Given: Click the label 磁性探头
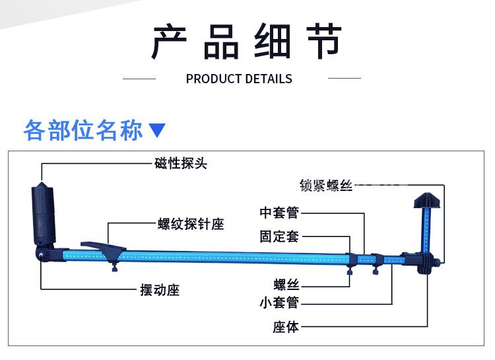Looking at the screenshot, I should [181, 163].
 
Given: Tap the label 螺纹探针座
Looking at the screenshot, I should [191, 225].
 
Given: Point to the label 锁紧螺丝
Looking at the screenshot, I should [326, 186].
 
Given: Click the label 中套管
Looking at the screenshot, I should [279, 213].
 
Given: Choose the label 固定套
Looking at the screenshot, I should [279, 236].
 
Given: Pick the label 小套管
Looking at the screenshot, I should [279, 303].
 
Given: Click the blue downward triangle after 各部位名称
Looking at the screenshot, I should [157, 129].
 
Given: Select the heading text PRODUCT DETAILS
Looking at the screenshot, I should [239, 79].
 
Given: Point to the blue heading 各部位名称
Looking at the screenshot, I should [83, 129].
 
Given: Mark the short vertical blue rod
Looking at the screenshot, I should [426, 228].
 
